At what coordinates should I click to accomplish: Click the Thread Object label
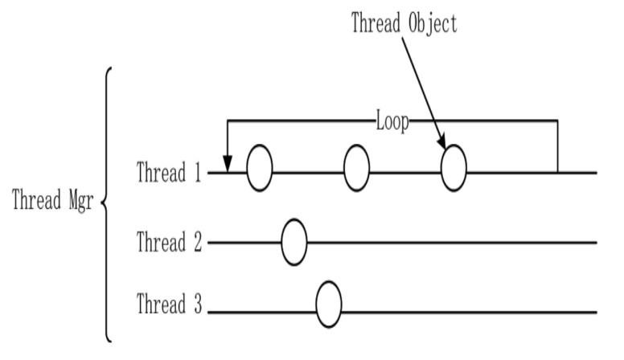(x=404, y=22)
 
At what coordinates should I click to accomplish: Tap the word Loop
(x=392, y=122)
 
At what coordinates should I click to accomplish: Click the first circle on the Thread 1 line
(x=259, y=168)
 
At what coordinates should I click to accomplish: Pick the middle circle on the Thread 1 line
(x=356, y=168)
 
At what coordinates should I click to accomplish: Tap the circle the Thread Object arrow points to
(x=454, y=168)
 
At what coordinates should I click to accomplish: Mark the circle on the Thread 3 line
(x=328, y=306)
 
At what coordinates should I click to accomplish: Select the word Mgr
(x=80, y=201)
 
